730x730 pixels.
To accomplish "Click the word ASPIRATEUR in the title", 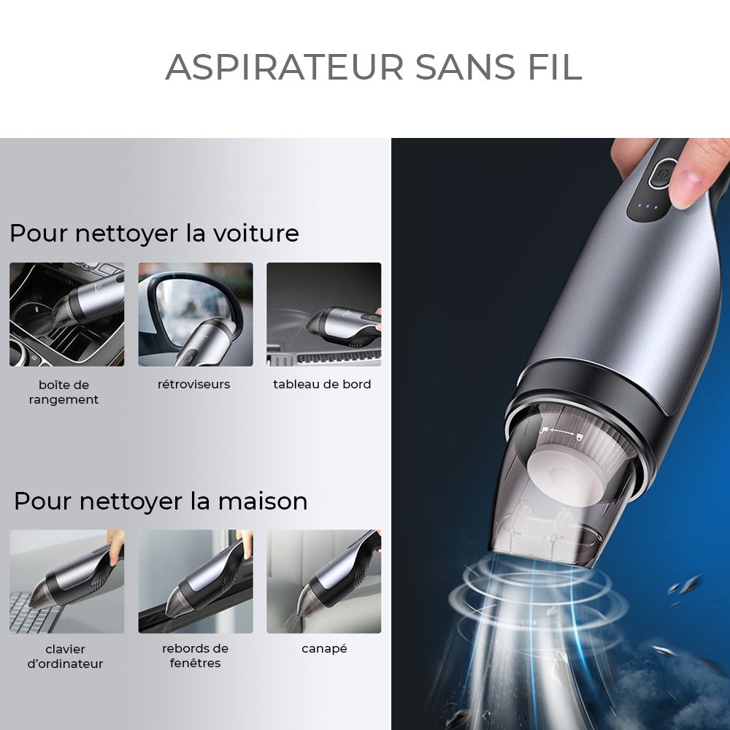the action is point(285,67).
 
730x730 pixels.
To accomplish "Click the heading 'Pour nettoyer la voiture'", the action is point(154,234).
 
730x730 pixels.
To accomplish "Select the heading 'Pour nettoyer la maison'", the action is point(161,502).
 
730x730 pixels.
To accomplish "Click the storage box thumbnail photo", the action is point(67,314).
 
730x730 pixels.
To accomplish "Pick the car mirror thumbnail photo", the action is point(196,314).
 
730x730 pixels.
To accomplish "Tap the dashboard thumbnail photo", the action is point(324,314).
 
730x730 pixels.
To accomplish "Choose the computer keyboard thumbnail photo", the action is point(67,582).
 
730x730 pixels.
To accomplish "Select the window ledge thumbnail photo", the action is point(196,582).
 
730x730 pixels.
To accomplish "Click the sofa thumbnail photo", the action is point(324,582).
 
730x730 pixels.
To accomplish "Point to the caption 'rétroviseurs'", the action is point(193,384).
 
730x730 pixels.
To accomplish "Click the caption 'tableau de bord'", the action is point(322,384).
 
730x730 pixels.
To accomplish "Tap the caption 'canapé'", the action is point(325,648).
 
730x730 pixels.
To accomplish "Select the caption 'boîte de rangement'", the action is point(64,392).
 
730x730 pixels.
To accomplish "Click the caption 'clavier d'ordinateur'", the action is point(65,656).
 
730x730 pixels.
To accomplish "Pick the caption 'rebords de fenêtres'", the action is point(195,656).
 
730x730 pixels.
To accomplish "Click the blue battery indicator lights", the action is point(648,207).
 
